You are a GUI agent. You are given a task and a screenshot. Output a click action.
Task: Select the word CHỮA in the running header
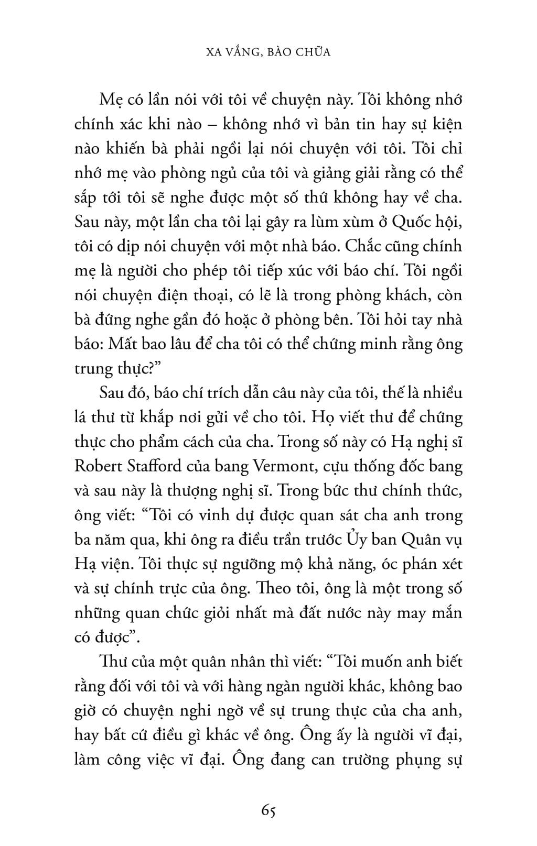tap(314, 52)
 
